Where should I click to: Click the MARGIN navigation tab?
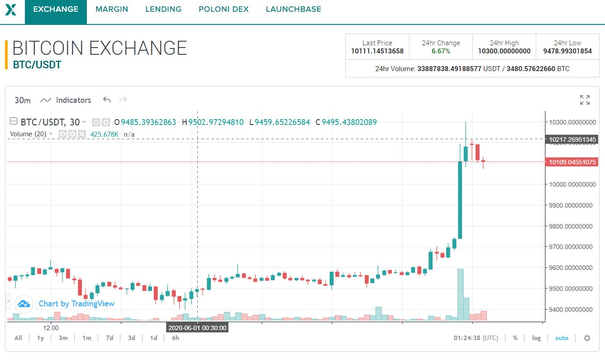(112, 9)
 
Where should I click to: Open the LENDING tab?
(163, 9)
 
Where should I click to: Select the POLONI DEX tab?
(224, 9)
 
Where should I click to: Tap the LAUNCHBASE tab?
(293, 9)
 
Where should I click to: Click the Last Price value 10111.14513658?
(377, 51)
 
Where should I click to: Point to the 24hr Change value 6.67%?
(441, 51)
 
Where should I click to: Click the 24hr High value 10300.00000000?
(504, 51)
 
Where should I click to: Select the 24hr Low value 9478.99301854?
(567, 51)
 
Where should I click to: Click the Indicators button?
(66, 100)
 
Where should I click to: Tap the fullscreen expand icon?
(585, 100)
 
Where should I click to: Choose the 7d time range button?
(110, 338)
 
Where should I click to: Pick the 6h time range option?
(175, 338)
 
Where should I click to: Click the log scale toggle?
(536, 338)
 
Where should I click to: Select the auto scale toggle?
(562, 338)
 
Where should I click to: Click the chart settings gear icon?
(587, 338)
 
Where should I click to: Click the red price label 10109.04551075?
(572, 162)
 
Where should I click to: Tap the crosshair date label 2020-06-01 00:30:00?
(197, 327)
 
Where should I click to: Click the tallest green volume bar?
(460, 294)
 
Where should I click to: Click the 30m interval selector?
(23, 100)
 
